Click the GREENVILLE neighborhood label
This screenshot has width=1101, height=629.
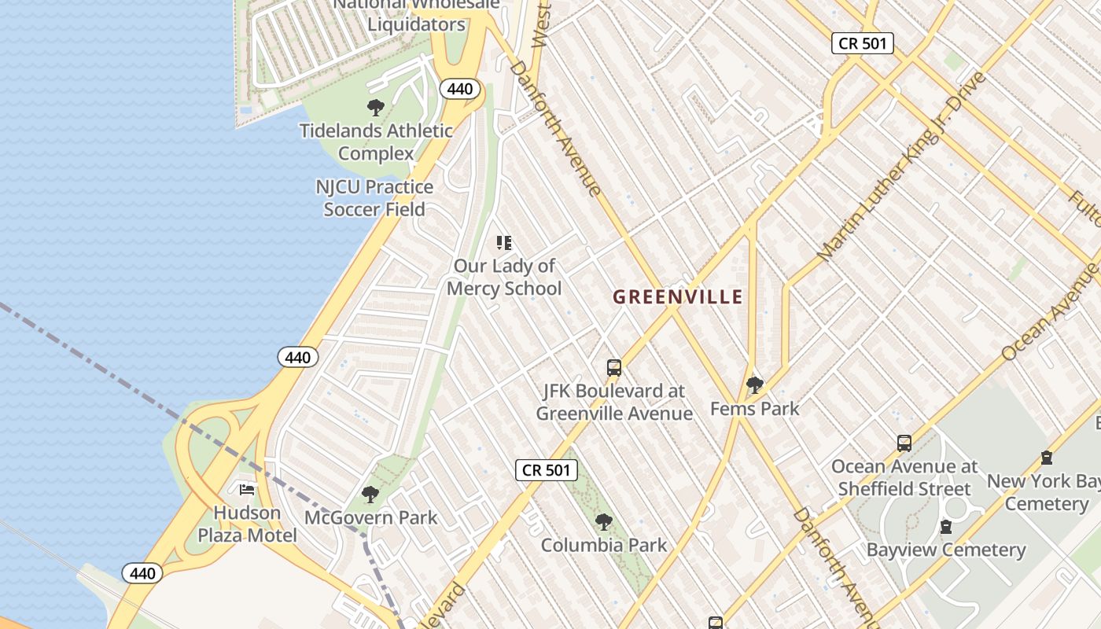click(677, 297)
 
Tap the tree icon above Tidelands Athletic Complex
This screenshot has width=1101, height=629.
click(376, 108)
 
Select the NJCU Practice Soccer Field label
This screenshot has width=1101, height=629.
click(374, 198)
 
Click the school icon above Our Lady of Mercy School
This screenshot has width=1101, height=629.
click(504, 243)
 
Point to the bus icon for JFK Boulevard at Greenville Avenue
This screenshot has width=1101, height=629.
click(614, 367)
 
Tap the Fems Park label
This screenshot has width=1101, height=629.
click(754, 409)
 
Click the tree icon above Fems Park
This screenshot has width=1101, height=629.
click(755, 385)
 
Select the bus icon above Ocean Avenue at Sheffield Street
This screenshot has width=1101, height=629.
click(904, 443)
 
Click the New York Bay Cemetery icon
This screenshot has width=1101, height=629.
click(1047, 458)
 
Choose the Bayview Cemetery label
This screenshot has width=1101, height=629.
click(946, 550)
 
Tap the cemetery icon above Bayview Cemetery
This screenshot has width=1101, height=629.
click(946, 527)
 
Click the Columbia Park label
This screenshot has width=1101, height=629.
click(603, 545)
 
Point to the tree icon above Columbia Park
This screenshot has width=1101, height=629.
click(603, 522)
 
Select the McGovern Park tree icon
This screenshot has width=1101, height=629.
click(370, 495)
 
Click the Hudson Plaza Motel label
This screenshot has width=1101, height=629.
click(247, 524)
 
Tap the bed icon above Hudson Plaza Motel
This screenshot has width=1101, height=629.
click(247, 490)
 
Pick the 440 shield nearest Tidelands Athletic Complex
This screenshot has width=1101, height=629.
click(459, 89)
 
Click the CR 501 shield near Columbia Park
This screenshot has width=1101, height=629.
click(547, 470)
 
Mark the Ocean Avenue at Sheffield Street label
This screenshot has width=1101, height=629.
click(904, 477)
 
